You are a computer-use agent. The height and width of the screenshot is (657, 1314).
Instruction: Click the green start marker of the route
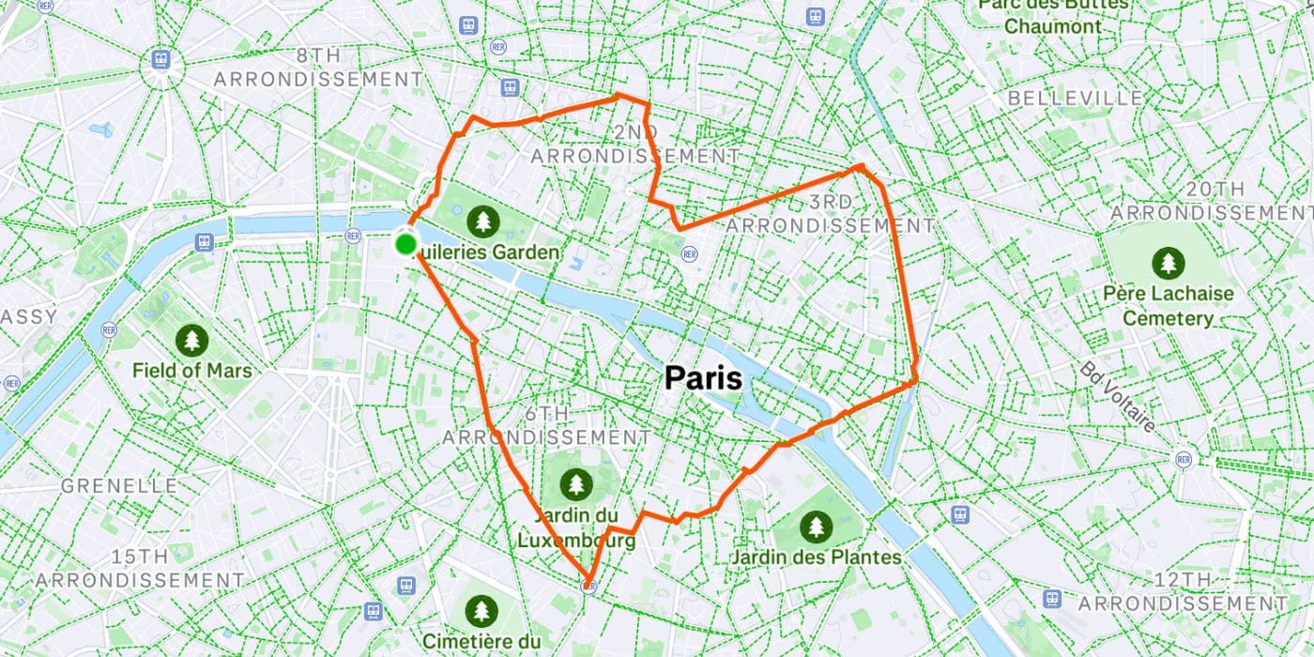coord(405,245)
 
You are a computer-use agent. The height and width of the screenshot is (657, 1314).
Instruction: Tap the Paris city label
coord(703,378)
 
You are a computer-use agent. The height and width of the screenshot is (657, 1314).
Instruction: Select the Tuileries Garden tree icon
coord(483,222)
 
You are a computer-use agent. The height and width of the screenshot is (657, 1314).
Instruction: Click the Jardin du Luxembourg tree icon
coord(575,484)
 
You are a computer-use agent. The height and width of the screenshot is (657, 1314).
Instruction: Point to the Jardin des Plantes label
coord(816,558)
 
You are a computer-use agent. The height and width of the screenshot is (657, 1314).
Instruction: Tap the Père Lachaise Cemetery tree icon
coord(1168,263)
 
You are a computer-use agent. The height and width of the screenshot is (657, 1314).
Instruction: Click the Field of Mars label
coord(191,371)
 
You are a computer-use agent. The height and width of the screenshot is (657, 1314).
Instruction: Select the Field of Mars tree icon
coord(191,340)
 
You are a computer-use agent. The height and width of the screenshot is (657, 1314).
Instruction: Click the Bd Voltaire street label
coord(1116,397)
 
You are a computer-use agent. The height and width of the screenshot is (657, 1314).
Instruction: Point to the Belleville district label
coord(1076,99)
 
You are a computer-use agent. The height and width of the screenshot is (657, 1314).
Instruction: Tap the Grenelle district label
coord(119,486)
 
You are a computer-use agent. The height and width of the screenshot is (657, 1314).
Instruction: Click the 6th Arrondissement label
coord(546,426)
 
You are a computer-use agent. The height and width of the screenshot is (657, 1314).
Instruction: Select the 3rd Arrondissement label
coord(831,214)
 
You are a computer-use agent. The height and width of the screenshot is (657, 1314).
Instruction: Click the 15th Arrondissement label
coord(140,568)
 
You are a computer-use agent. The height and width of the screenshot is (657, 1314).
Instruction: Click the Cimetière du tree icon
coord(481,611)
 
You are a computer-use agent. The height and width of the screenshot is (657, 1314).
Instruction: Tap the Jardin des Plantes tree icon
coord(816,527)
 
